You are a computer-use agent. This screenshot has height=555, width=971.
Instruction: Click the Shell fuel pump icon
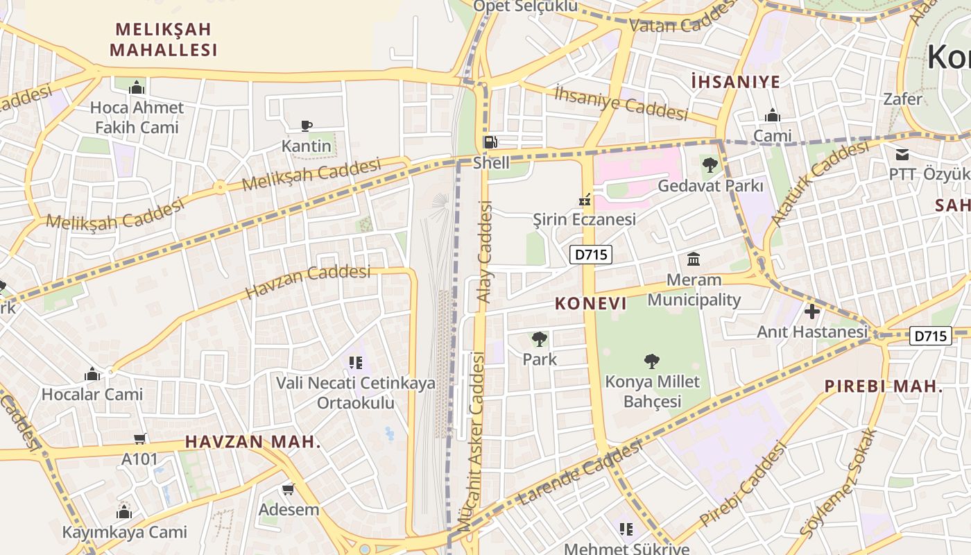click(x=490, y=142)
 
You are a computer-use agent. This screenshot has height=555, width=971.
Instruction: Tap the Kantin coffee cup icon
click(x=306, y=126)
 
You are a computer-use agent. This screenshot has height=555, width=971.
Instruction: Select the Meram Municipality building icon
click(x=693, y=259)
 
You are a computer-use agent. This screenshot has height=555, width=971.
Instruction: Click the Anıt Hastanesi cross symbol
click(x=811, y=311)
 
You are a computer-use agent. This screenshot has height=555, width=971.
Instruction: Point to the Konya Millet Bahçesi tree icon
click(x=651, y=361)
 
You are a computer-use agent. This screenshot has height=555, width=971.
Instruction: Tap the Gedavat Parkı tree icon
click(x=710, y=165)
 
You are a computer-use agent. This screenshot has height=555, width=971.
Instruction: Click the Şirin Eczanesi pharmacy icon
click(x=585, y=200)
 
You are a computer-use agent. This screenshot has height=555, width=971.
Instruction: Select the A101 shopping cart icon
click(x=140, y=438)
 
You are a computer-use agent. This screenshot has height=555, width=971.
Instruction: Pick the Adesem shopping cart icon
click(x=289, y=489)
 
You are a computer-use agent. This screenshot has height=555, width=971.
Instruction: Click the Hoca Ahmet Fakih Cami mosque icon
click(x=137, y=87)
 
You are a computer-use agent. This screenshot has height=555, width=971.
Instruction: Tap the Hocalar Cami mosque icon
click(x=92, y=374)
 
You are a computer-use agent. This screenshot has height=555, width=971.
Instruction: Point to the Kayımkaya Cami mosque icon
click(x=124, y=512)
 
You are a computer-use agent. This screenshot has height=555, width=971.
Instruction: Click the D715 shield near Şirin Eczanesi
click(x=591, y=255)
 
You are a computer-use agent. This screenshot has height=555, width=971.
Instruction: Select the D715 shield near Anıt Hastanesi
click(x=930, y=336)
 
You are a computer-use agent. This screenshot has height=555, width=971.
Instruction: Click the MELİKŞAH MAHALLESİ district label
click(x=164, y=40)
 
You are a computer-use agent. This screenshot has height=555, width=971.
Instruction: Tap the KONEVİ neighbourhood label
click(x=590, y=303)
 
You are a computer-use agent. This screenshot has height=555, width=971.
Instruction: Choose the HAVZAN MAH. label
click(x=253, y=442)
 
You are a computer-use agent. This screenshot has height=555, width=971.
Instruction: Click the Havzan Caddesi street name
click(x=308, y=281)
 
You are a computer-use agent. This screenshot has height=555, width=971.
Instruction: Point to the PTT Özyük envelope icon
click(x=902, y=154)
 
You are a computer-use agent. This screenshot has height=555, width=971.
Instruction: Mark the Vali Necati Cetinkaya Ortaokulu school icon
click(x=356, y=362)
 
